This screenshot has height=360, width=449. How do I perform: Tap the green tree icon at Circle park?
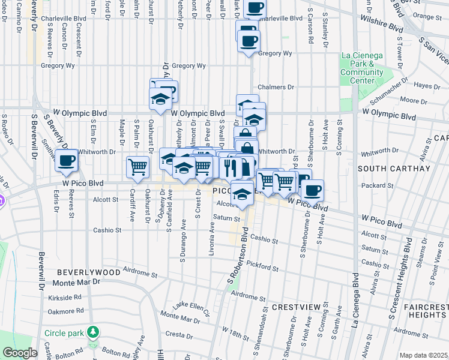pyautogui.click(x=92, y=332)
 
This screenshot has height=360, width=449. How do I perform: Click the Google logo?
pyautogui.click(x=19, y=353)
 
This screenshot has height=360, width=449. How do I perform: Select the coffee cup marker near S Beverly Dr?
pyautogui.click(x=67, y=160)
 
